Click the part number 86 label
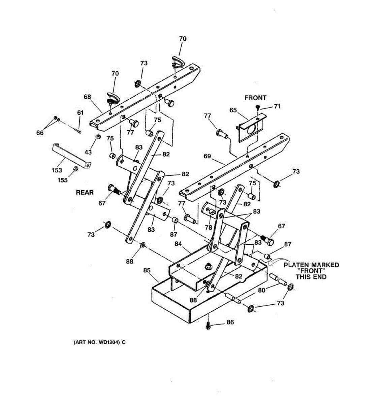(x=230, y=322)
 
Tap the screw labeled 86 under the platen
(x=208, y=326)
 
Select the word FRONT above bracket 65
(x=255, y=98)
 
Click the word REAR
(x=85, y=193)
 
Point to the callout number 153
(x=57, y=170)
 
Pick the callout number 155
(x=62, y=180)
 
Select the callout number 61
(x=80, y=113)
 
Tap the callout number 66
(x=40, y=133)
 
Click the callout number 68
(x=87, y=97)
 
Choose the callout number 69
(x=207, y=156)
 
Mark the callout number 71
(x=277, y=106)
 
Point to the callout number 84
(x=178, y=243)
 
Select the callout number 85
(x=147, y=270)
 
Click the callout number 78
(x=209, y=227)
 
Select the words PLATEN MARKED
(x=311, y=265)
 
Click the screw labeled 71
(x=258, y=107)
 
